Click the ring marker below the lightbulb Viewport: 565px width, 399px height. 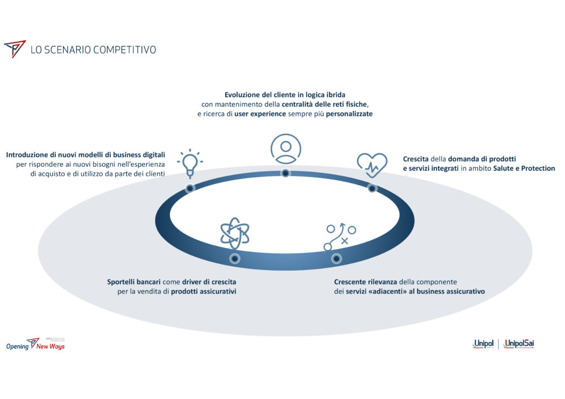point(189,188)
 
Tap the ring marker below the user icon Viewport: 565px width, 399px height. point(286,173)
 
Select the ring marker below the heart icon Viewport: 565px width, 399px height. point(372,188)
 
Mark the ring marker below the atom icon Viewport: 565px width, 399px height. point(234,258)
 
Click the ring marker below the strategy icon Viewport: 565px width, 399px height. point(336,258)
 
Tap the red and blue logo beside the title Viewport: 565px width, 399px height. point(15,49)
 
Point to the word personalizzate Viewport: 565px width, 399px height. point(349,114)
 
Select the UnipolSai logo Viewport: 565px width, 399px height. point(519,344)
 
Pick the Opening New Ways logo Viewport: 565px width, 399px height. point(35,344)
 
